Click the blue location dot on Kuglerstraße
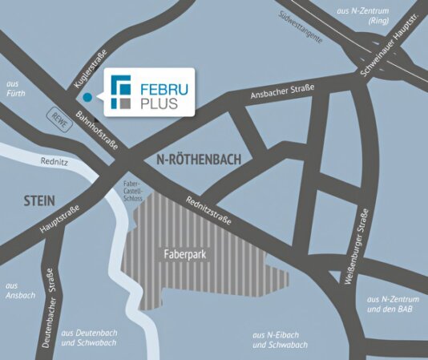[x=87, y=97]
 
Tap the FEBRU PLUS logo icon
[x=122, y=92]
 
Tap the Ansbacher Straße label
[x=282, y=91]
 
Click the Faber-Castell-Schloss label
[x=132, y=192]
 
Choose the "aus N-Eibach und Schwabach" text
[x=280, y=339]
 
